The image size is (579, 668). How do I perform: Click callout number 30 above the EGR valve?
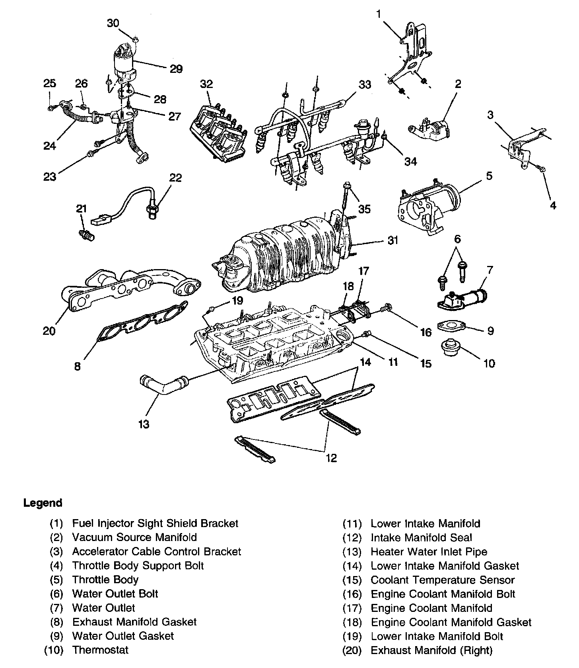[x=113, y=23]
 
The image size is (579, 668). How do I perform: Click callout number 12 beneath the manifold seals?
[x=331, y=458]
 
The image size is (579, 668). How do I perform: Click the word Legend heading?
[x=43, y=503]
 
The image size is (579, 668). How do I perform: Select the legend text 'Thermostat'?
[x=100, y=650]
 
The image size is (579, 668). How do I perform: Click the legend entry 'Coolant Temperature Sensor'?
[x=443, y=580]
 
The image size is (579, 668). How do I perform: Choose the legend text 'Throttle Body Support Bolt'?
[x=138, y=566]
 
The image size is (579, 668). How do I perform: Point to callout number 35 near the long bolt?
[x=364, y=209]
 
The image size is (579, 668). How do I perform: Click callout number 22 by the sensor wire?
[x=175, y=178]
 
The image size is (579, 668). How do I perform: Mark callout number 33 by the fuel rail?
[x=365, y=84]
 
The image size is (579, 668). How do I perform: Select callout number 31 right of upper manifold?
[x=393, y=240]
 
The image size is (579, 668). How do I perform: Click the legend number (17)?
[x=352, y=608]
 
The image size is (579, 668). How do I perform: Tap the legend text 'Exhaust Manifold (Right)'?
[x=431, y=650]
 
